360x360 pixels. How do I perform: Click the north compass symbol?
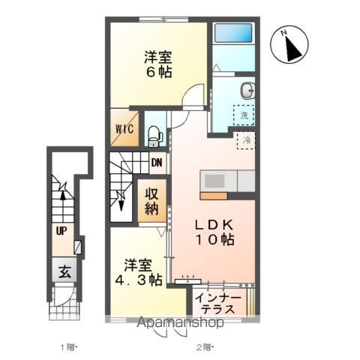291,46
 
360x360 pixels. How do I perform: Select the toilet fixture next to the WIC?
154,136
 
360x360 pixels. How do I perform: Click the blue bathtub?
234,34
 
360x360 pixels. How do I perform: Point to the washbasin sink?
245,91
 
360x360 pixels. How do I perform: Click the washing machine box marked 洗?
244,116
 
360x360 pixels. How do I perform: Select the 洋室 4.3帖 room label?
141,272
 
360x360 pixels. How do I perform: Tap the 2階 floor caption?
205,346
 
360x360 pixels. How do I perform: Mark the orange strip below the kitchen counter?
218,196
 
